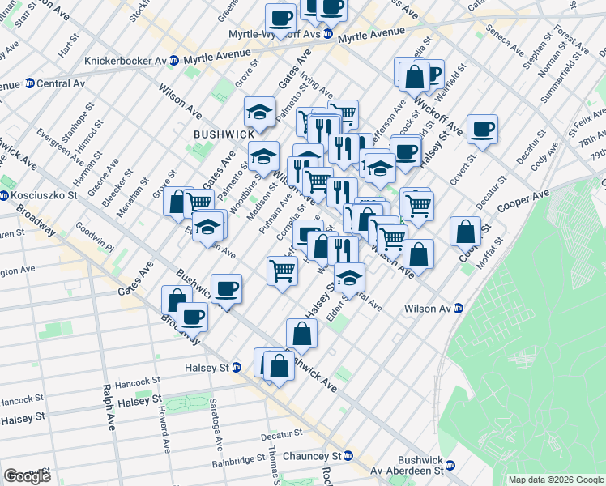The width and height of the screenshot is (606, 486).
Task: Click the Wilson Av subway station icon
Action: tap(459, 308)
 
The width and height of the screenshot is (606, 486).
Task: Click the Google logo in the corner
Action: tap(27, 475)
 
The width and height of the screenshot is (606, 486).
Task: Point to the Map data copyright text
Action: tap(556, 480)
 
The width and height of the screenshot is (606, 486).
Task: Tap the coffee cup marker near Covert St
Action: tap(482, 130)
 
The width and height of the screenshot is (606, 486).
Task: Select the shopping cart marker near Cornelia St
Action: tap(281, 270)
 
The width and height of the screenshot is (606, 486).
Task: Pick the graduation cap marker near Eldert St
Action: tap(349, 278)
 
